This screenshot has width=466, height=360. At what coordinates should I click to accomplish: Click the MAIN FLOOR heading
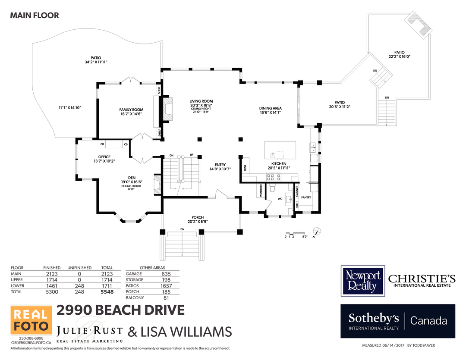(x=35, y=16)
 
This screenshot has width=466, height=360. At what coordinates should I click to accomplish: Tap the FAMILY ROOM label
(x=131, y=110)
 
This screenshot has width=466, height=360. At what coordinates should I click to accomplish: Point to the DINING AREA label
(x=270, y=108)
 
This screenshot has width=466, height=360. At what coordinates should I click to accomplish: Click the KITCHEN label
(x=279, y=164)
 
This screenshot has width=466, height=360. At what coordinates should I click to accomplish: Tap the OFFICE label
(x=104, y=157)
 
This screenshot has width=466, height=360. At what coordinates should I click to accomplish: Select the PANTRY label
(x=306, y=197)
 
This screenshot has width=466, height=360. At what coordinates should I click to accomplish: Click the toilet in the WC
(x=272, y=188)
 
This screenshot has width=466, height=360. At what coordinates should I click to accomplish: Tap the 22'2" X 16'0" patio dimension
(x=399, y=56)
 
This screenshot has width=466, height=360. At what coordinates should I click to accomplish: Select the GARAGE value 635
(x=166, y=274)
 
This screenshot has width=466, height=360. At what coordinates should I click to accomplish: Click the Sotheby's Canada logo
(x=397, y=321)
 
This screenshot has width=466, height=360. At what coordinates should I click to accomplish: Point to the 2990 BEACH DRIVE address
(x=121, y=310)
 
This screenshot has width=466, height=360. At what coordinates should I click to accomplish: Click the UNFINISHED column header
(x=79, y=268)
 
